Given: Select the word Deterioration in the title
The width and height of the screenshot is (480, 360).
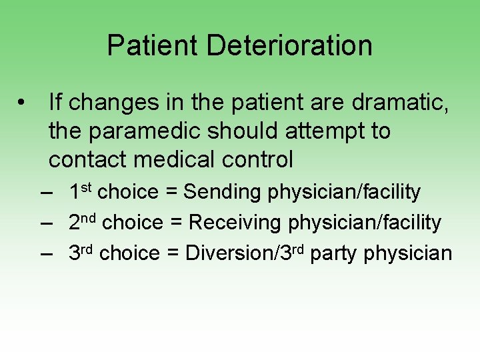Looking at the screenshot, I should (x=289, y=45).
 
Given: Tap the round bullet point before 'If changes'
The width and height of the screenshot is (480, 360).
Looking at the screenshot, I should (x=23, y=103).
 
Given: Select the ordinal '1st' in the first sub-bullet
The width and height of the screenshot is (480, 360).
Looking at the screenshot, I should (x=81, y=191).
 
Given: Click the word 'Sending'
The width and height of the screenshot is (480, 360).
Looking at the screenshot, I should (x=224, y=192).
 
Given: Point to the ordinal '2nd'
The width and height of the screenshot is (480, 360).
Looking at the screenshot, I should (x=83, y=222).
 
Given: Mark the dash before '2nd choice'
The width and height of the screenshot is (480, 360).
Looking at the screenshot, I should (x=46, y=223).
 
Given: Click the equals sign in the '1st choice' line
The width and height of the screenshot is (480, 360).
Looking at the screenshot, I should (x=171, y=193).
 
